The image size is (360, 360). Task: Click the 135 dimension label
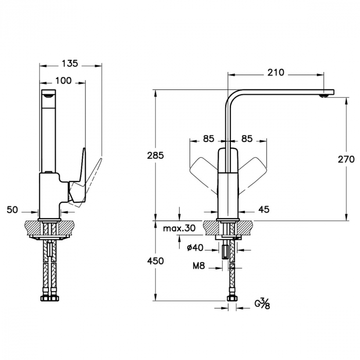[70, 63]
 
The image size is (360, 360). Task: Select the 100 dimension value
[63, 81]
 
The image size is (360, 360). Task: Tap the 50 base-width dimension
[12, 210]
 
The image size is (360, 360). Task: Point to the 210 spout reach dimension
[276, 73]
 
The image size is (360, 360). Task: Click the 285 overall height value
[155, 156]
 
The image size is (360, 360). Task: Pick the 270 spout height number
[346, 159]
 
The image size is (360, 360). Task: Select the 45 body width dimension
[263, 209]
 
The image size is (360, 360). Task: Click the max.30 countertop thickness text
[179, 228]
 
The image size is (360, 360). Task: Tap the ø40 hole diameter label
[195, 248]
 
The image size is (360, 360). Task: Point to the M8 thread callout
[199, 266]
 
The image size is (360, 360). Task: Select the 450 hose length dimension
[155, 261]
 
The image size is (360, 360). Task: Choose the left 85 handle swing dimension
[208, 139]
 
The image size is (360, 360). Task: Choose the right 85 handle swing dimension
[247, 139]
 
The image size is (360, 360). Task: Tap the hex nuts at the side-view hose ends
[49, 298]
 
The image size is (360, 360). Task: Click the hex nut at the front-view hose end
[231, 298]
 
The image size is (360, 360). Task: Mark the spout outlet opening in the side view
[48, 96]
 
